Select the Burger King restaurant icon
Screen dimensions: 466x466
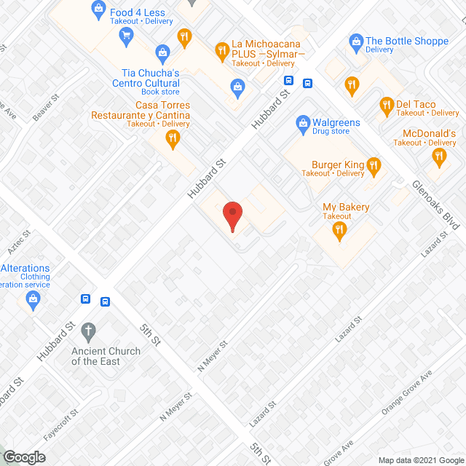[x=374, y=167]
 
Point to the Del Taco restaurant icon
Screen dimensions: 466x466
[x=387, y=108]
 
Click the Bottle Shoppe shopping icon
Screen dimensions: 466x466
[x=356, y=42]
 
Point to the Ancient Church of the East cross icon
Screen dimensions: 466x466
[x=88, y=331]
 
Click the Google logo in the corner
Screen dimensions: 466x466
[x=23, y=457]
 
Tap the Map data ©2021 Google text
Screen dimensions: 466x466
[x=420, y=460]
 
